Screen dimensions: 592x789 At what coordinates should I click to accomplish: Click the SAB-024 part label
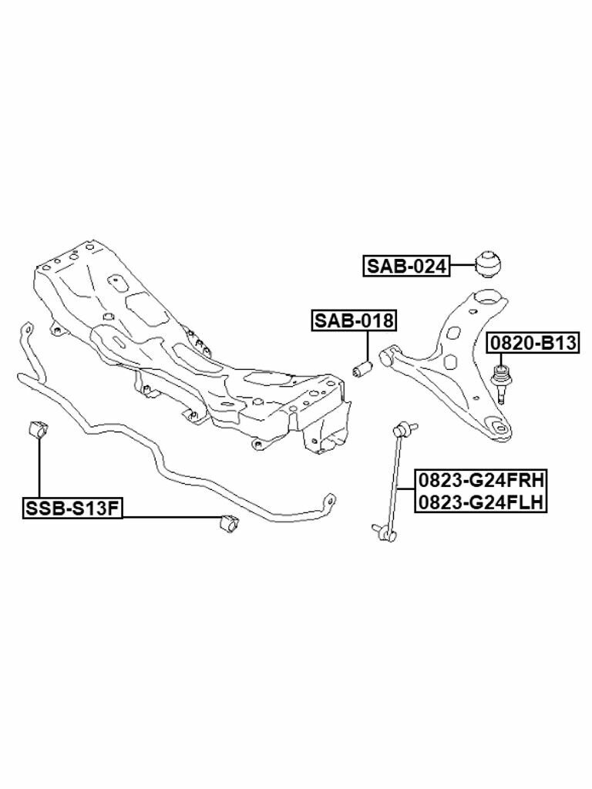pyautogui.click(x=406, y=267)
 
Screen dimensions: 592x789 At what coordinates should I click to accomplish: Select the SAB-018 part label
pyautogui.click(x=353, y=321)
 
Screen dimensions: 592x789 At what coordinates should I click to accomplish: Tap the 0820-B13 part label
pyautogui.click(x=532, y=343)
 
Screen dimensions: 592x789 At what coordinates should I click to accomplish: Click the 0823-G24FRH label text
pyautogui.click(x=481, y=480)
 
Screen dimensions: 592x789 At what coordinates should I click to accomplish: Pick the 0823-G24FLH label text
pyautogui.click(x=481, y=503)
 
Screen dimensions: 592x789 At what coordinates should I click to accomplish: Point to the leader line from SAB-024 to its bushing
pyautogui.click(x=462, y=266)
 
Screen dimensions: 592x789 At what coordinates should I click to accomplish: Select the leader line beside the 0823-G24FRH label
pyautogui.click(x=408, y=490)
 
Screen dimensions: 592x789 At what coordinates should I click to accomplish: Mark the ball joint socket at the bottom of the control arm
pyautogui.click(x=498, y=427)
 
